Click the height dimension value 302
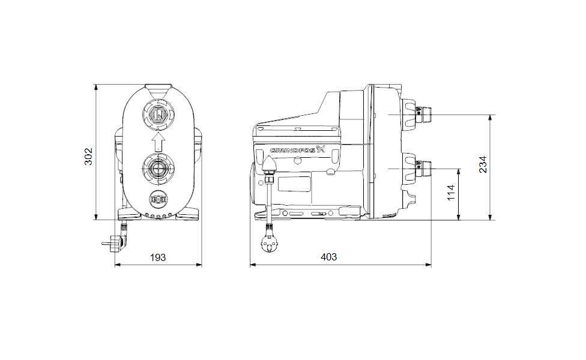[88, 157]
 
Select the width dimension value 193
[157, 257]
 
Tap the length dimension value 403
[328, 257]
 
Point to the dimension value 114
[452, 193]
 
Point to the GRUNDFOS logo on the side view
[298, 150]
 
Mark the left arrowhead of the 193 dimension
[116, 264]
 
